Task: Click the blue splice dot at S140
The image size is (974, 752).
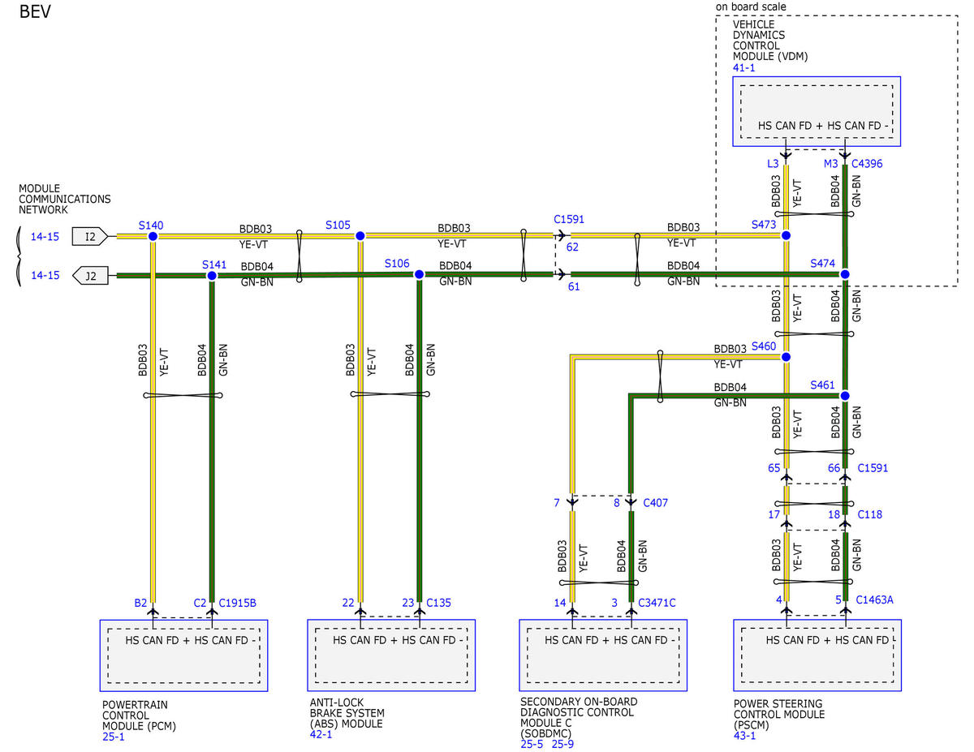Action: point(153,236)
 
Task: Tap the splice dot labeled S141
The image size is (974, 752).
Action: point(212,276)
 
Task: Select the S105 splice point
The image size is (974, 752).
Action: point(360,235)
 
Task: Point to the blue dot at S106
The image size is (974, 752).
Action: point(419,274)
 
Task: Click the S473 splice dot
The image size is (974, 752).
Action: point(786,235)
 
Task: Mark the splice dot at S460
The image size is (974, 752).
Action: point(786,357)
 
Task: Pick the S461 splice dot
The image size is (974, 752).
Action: point(845,396)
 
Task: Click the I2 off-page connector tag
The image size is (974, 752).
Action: point(90,237)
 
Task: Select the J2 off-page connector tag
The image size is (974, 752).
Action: point(90,276)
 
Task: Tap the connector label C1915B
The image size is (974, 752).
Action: point(237,603)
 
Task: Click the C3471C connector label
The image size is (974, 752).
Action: point(657,603)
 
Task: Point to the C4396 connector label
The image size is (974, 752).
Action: point(867,164)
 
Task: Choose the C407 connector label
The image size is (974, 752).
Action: point(655,502)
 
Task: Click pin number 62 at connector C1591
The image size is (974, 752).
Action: point(572,247)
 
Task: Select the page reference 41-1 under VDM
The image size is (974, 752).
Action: point(744,67)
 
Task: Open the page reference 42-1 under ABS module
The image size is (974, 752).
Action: point(321,734)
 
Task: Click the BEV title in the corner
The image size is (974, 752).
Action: point(35,11)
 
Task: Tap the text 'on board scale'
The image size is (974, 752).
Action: point(751,6)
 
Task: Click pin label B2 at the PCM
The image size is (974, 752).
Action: point(140,603)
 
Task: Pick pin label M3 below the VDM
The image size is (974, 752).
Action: point(830,164)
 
